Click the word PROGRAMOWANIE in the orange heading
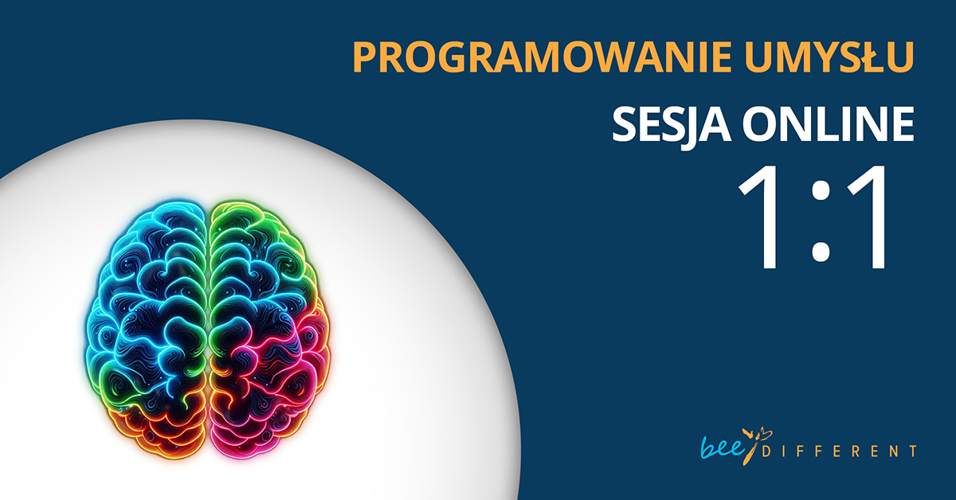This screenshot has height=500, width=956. click(543, 57)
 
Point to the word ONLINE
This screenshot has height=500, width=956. click(829, 123)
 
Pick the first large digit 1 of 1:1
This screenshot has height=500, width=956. click(762, 217)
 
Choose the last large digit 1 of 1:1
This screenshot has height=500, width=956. click(870, 217)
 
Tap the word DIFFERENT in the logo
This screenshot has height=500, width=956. click(839, 451)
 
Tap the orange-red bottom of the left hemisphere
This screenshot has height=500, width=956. click(158, 431)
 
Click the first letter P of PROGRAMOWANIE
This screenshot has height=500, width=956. click(365, 57)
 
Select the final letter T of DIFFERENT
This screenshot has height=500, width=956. click(912, 451)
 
